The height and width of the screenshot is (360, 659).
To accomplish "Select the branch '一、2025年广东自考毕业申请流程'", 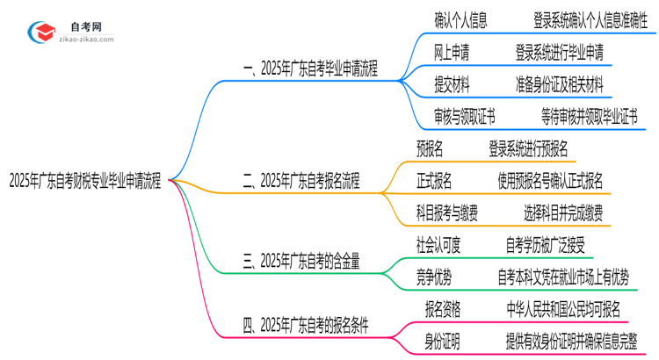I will tap(310, 69).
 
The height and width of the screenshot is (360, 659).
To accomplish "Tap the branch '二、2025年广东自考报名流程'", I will tap(301, 182).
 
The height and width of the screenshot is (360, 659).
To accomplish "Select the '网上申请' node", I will tap(452, 53).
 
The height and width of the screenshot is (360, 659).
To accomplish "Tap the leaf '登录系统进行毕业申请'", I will tap(559, 53).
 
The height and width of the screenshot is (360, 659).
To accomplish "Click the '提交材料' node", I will tap(452, 85).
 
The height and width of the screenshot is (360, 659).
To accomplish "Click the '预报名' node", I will tap(430, 148).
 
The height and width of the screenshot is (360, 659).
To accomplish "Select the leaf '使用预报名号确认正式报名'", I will tap(549, 181).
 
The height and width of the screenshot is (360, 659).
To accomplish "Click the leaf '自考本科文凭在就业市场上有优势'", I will tap(562, 277).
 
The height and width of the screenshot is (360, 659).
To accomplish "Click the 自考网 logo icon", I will tap(41, 32).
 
